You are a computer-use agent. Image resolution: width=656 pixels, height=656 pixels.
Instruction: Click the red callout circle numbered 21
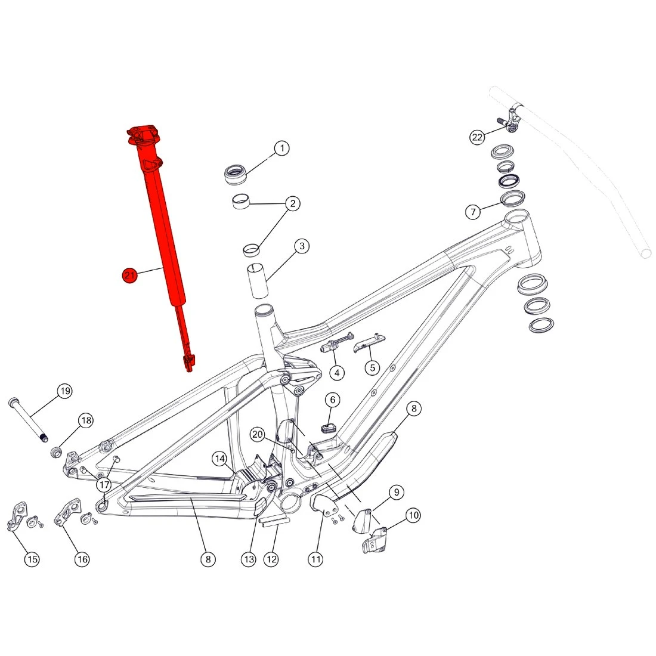click(129, 275)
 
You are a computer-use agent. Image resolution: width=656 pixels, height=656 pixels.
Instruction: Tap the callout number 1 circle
click(282, 148)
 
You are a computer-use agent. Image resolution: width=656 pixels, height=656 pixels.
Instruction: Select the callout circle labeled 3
click(302, 246)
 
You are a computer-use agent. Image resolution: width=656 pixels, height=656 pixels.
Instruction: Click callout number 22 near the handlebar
click(477, 137)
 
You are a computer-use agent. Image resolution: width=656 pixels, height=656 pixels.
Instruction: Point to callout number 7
click(473, 211)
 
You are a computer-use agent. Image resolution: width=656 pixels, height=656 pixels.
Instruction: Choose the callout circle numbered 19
click(65, 391)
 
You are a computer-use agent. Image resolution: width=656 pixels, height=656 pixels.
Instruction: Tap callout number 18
click(86, 420)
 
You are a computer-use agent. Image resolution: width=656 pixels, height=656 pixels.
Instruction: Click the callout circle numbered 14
click(219, 459)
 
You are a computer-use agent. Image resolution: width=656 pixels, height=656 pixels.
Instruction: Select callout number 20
click(257, 434)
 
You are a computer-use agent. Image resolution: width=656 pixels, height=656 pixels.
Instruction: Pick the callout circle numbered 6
click(333, 400)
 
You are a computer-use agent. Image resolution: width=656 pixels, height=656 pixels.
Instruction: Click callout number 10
click(413, 515)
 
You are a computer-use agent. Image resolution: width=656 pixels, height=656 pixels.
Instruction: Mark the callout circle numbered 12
click(271, 559)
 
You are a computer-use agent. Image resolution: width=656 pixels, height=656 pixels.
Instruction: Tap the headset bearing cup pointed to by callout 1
click(236, 175)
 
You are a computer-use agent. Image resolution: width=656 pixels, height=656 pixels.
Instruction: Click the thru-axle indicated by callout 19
click(27, 420)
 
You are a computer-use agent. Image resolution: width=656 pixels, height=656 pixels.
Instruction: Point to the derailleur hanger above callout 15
click(17, 515)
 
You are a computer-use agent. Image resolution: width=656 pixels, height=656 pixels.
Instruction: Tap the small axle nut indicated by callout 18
click(56, 452)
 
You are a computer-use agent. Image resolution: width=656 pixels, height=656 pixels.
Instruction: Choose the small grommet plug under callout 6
click(329, 428)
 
